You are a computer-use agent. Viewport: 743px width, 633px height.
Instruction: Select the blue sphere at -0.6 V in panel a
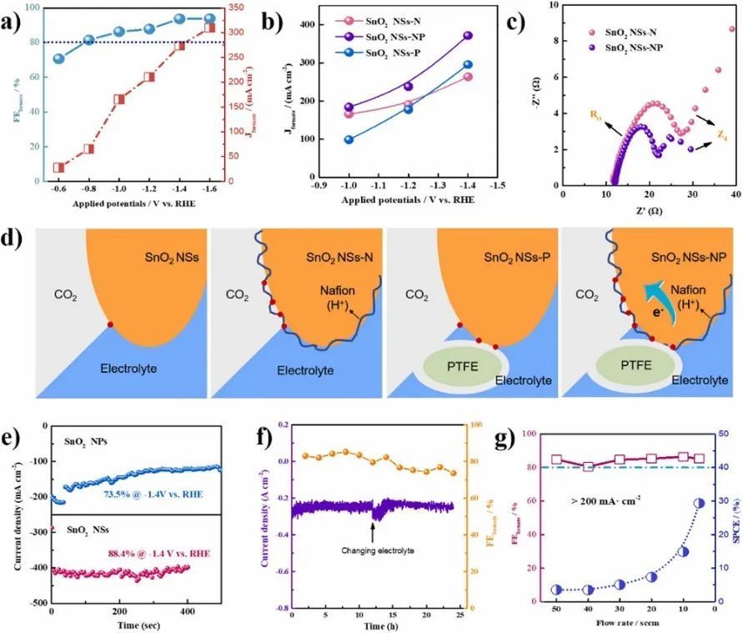pyautogui.click(x=58, y=58)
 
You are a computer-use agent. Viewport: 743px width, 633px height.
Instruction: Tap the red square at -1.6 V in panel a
pyautogui.click(x=210, y=28)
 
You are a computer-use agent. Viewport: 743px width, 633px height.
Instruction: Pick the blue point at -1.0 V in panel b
pyautogui.click(x=348, y=139)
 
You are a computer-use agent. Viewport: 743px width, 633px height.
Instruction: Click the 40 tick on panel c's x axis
pyautogui.click(x=733, y=193)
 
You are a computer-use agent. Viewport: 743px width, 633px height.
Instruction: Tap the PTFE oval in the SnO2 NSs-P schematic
pyautogui.click(x=464, y=364)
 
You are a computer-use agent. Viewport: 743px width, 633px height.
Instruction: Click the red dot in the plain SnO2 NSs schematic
pyautogui.click(x=110, y=324)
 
